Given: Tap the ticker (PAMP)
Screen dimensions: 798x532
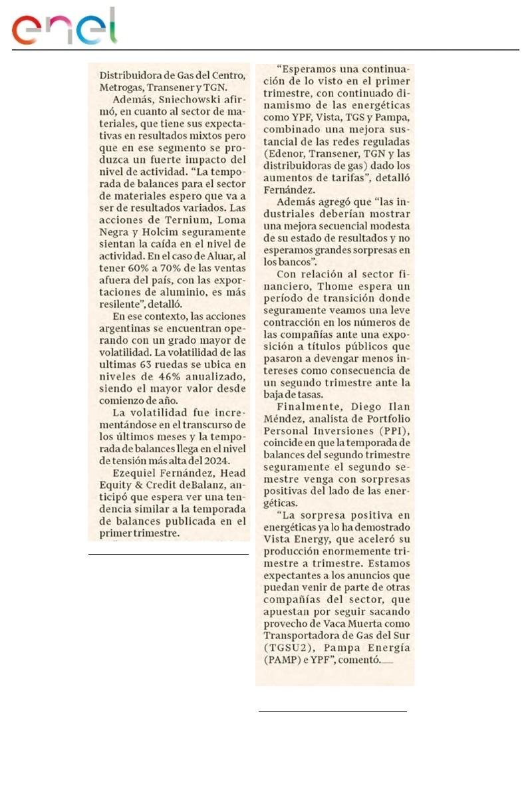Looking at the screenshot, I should (283, 660).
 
